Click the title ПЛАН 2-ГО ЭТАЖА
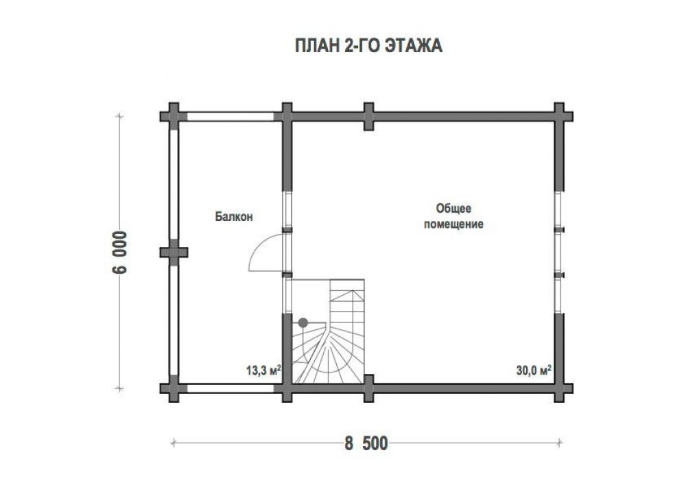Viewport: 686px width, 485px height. tap(368, 45)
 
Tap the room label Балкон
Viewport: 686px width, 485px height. tap(234, 217)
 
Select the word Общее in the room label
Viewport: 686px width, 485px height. tap(453, 209)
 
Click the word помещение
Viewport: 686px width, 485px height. tap(453, 224)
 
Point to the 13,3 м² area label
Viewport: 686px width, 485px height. tap(263, 370)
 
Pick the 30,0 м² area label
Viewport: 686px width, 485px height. tap(533, 370)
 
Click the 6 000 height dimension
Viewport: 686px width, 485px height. tap(119, 252)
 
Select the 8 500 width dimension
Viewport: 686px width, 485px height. tap(366, 443)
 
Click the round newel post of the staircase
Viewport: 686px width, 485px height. tap(303, 322)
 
